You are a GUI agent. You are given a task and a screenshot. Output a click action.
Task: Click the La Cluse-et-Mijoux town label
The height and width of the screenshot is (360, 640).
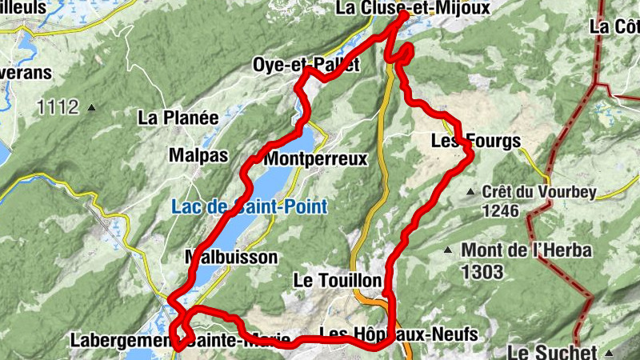tap(412, 8)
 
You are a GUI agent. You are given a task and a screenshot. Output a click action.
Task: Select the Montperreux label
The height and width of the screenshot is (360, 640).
tap(315, 158)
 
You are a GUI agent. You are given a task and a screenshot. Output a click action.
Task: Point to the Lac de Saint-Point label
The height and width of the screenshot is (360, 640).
tap(249, 206)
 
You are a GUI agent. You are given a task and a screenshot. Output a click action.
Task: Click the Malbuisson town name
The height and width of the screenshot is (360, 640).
tap(231, 257)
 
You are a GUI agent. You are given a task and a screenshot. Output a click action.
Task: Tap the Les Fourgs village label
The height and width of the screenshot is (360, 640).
tap(476, 142)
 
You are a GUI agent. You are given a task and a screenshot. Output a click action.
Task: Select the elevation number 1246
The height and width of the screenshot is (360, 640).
tap(501, 211)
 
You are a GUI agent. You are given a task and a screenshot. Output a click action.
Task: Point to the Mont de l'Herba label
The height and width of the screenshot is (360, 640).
tap(526, 251)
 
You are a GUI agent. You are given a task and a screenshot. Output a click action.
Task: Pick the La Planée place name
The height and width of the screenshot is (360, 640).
tap(178, 117)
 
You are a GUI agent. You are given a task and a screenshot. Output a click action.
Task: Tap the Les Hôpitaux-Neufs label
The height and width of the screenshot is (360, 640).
tap(398, 333)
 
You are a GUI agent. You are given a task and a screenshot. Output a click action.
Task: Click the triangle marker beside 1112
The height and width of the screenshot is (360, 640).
tap(92, 106)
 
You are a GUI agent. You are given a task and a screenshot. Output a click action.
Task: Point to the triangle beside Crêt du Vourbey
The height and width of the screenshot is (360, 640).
tap(471, 192)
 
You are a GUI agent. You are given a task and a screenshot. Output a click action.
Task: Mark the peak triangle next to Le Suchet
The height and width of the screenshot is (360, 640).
tap(610, 352)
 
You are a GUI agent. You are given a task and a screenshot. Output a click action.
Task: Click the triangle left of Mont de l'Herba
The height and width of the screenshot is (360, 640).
tap(449, 251)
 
